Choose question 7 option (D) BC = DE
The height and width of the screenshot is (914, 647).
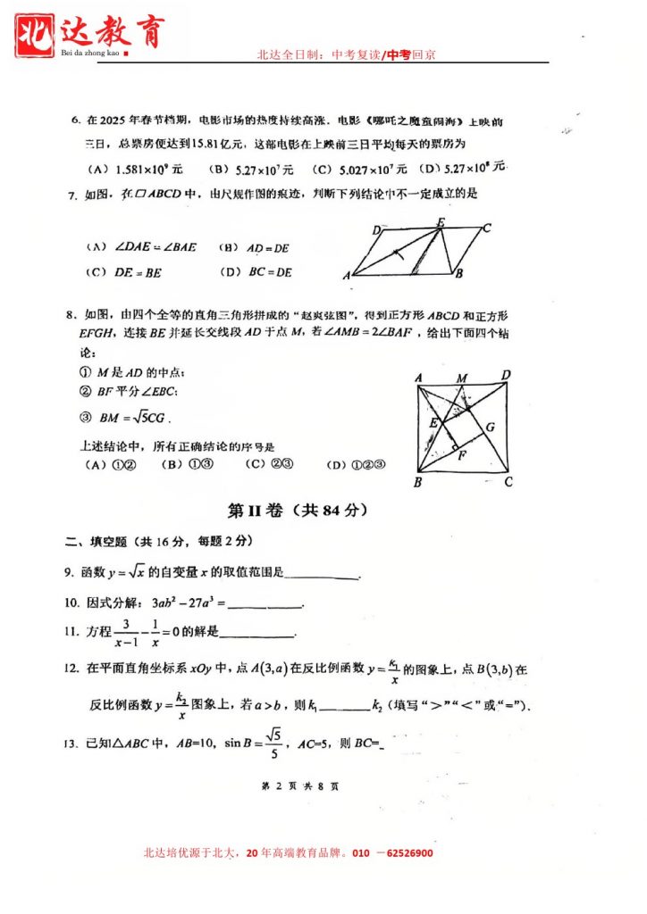pos(256,272)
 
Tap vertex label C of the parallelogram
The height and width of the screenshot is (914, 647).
pos(486,228)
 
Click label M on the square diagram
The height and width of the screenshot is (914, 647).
pos(462,378)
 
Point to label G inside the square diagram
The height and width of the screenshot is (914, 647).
pos(490,427)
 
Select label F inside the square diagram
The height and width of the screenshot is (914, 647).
pos(461,455)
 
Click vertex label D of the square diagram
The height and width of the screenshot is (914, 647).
pos(506,376)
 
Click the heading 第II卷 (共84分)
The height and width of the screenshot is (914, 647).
pos(298,511)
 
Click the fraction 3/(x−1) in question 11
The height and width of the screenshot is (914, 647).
pos(127,632)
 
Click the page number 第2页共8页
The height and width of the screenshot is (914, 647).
pos(299,786)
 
